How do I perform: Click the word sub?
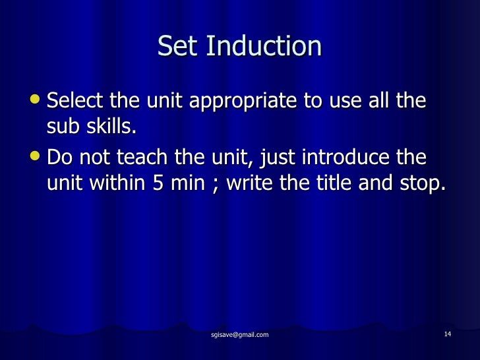click(x=63, y=126)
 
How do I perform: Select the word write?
click(x=251, y=183)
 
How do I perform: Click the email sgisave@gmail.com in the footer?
click(x=240, y=335)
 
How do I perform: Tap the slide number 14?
click(x=448, y=334)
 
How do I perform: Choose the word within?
click(x=115, y=183)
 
